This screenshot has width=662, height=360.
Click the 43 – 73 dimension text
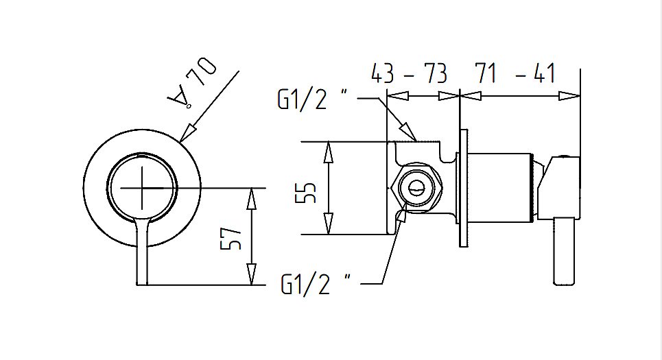point(409,73)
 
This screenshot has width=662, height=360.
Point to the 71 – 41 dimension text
point(516,73)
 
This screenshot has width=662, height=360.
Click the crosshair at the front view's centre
point(143,187)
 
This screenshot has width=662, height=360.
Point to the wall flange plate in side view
point(464,188)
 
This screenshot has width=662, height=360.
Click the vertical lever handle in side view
point(564,251)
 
